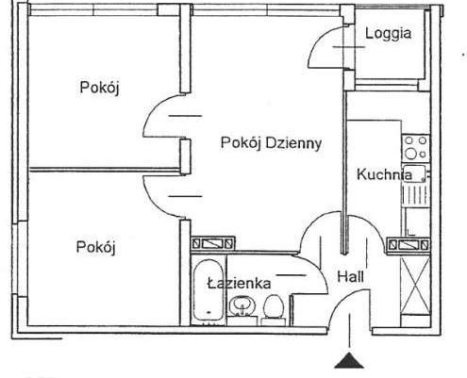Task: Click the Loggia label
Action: [388, 34]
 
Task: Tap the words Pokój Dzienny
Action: [271, 143]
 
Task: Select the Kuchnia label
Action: [384, 174]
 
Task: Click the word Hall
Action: [350, 277]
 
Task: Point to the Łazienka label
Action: [239, 284]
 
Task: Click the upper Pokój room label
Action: [99, 88]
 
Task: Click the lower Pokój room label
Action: [95, 247]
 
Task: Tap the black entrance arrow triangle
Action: [349, 360]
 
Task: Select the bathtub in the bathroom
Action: [208, 290]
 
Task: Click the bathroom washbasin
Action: [242, 305]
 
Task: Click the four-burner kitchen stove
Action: [416, 148]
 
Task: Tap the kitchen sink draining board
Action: [416, 195]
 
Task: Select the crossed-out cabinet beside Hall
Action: [415, 285]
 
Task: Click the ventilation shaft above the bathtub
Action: [213, 243]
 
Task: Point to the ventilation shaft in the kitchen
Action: [408, 244]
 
